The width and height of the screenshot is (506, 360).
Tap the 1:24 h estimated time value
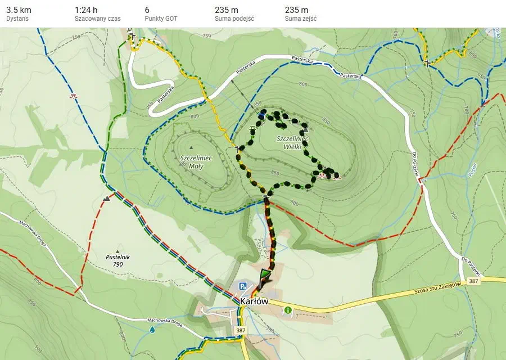tap(86, 10)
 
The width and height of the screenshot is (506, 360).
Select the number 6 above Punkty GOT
tap(147, 10)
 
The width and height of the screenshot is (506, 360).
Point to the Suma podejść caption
tap(234, 19)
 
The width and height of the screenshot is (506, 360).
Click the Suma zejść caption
tap(301, 19)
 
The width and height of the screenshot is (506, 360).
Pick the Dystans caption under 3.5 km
tap(17, 19)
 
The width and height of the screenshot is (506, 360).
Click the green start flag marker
tap(264, 276)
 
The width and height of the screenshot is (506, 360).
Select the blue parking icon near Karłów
tap(243, 286)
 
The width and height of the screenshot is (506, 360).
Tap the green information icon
tap(288, 310)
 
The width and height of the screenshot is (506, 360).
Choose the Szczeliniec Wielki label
tap(291, 142)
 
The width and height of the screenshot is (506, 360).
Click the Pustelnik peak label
tap(118, 257)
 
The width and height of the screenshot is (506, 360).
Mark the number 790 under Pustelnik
tap(118, 264)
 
